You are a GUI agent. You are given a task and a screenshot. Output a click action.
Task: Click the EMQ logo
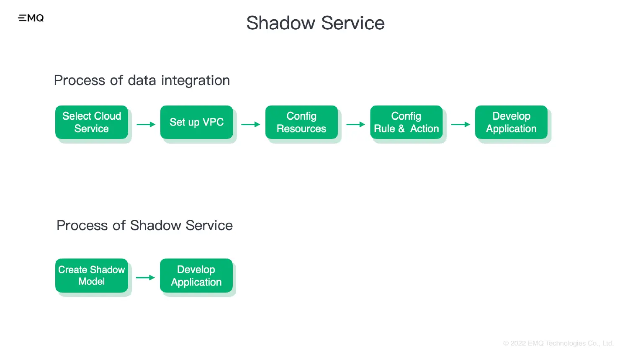pyautogui.click(x=31, y=18)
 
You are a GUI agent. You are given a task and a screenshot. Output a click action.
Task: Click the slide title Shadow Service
pyautogui.click(x=315, y=23)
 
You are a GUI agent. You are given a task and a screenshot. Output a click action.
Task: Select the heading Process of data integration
pyautogui.click(x=142, y=80)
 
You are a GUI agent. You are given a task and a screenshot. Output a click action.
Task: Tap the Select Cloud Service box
pyautogui.click(x=92, y=122)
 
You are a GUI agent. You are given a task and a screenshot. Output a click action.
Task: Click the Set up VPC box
pyautogui.click(x=196, y=122)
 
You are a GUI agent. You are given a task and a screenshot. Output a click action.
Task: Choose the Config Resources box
pyautogui.click(x=301, y=122)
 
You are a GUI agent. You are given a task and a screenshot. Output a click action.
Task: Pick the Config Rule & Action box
pyautogui.click(x=406, y=122)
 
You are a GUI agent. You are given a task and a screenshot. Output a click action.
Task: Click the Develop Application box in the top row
pyautogui.click(x=511, y=122)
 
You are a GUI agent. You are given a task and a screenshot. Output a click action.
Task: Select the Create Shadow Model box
pyautogui.click(x=92, y=275)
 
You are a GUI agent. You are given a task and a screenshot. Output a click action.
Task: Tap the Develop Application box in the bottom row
pyautogui.click(x=196, y=275)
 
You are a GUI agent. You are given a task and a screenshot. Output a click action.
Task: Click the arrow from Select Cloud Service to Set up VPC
pyautogui.click(x=146, y=124)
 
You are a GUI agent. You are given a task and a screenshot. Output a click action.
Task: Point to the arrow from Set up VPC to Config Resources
pyautogui.click(x=251, y=124)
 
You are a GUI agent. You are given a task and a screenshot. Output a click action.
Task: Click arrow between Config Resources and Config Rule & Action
pyautogui.click(x=356, y=124)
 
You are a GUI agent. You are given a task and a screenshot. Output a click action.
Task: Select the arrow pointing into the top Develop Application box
pyautogui.click(x=460, y=124)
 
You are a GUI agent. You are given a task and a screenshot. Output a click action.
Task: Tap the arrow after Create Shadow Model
pyautogui.click(x=146, y=278)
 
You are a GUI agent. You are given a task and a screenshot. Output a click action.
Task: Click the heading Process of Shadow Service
pyautogui.click(x=144, y=226)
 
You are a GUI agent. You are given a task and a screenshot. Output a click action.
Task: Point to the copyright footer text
pyautogui.click(x=558, y=343)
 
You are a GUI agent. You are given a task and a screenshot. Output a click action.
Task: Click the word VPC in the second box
pyautogui.click(x=213, y=122)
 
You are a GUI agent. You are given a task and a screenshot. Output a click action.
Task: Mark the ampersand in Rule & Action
pyautogui.click(x=401, y=129)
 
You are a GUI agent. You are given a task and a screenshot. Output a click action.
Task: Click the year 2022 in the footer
pyautogui.click(x=518, y=343)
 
